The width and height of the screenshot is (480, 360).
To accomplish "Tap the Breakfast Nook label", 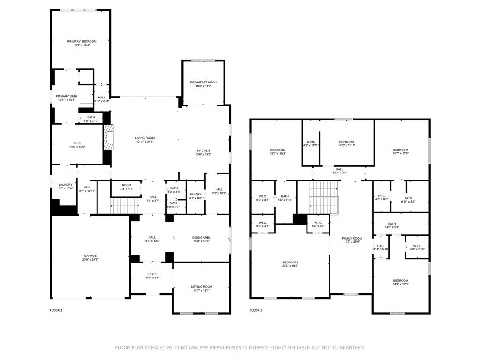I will (x=203, y=82).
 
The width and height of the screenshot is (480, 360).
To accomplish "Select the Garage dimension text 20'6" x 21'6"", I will (x=90, y=260).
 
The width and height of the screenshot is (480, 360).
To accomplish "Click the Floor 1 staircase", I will (x=125, y=205).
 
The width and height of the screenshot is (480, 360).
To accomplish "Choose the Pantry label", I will (x=195, y=194).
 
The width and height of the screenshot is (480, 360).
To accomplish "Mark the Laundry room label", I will (x=66, y=184).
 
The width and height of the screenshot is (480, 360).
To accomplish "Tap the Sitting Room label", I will (x=202, y=286).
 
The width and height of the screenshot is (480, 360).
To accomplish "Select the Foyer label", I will (x=152, y=274).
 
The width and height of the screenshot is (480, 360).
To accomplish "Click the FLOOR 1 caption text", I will (x=56, y=310).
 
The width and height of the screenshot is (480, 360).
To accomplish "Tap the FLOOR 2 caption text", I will (x=255, y=310).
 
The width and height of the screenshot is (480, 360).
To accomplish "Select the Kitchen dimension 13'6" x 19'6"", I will (x=203, y=155).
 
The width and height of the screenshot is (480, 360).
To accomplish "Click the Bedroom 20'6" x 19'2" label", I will (x=290, y=262).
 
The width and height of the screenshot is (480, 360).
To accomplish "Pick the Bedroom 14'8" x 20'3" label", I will (x=400, y=281).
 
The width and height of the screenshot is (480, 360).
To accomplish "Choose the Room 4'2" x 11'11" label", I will (x=311, y=142).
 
